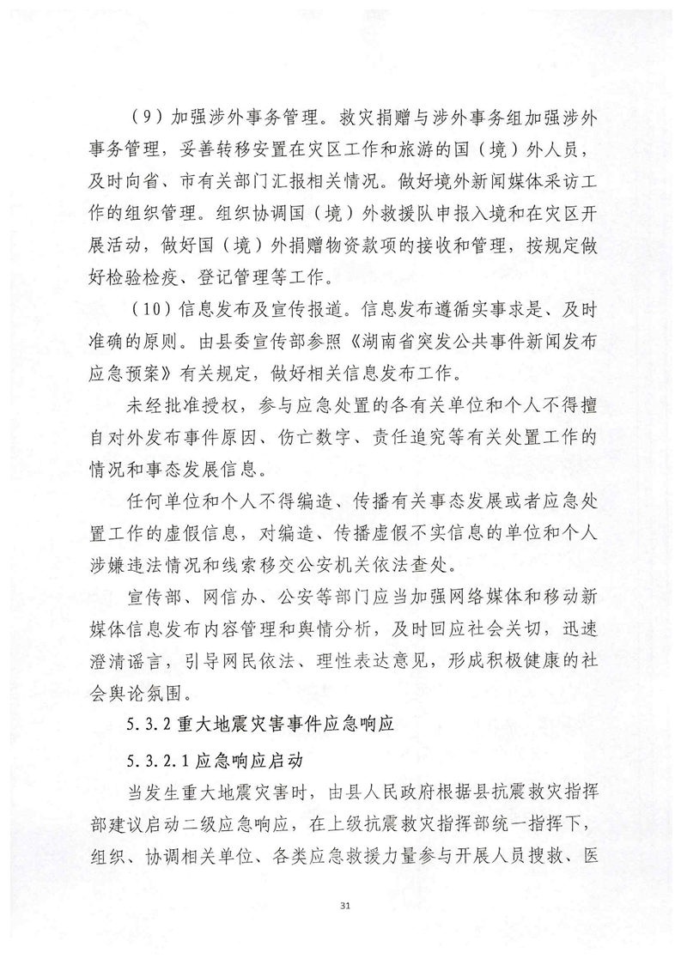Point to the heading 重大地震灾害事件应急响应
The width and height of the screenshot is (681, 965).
pyautogui.click(x=282, y=725)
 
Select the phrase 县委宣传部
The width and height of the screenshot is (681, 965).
pyautogui.click(x=252, y=335)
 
